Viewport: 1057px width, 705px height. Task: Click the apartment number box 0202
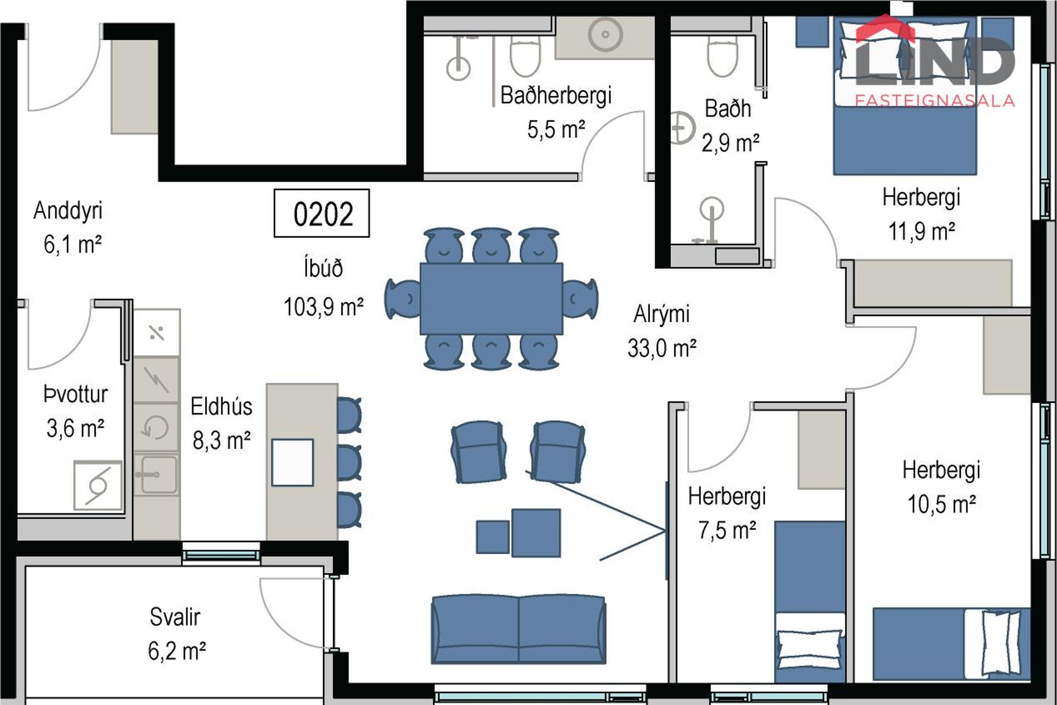(322, 213)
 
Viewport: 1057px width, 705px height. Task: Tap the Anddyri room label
(68, 210)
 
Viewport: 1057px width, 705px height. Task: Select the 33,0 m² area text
(662, 348)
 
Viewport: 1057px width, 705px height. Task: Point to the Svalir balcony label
(175, 617)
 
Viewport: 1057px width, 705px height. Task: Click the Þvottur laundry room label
(75, 394)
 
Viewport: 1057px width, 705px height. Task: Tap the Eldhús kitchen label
(221, 406)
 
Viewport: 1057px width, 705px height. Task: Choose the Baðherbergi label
(556, 95)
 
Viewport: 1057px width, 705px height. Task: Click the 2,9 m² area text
(730, 143)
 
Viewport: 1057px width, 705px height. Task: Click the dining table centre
(491, 299)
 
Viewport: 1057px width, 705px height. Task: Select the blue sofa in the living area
(519, 629)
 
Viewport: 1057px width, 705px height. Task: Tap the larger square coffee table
(536, 533)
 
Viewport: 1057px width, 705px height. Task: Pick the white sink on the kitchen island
(292, 463)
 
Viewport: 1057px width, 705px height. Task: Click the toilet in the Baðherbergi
(525, 56)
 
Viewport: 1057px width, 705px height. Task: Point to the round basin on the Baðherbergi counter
(605, 34)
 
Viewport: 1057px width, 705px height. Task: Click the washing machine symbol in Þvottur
(98, 486)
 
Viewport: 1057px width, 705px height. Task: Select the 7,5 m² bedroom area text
(727, 530)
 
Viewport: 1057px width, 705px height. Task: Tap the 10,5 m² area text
(941, 505)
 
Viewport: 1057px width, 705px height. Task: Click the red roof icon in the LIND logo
(885, 29)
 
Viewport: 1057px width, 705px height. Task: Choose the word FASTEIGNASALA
(935, 100)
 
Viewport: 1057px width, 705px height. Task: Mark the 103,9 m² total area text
(323, 307)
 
